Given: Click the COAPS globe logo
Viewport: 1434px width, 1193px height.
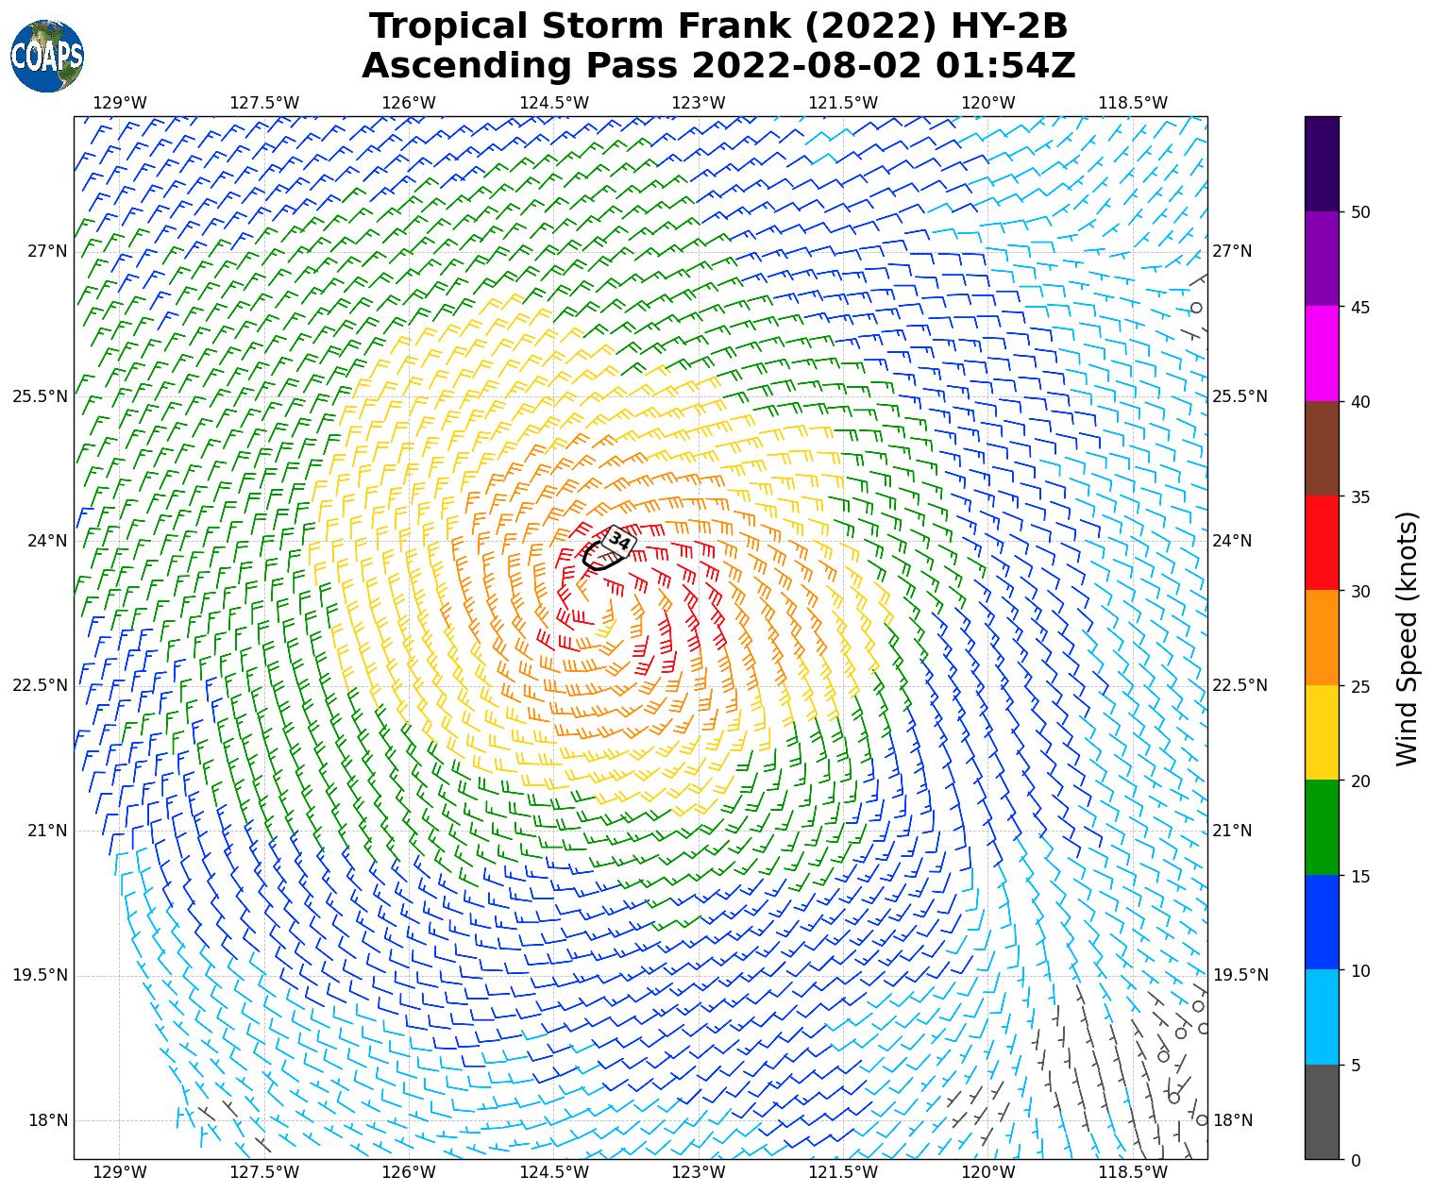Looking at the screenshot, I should click(46, 56).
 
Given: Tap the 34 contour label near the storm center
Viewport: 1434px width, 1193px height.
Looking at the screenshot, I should click(619, 541).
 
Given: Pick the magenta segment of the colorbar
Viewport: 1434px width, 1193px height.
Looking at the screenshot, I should click(1322, 354).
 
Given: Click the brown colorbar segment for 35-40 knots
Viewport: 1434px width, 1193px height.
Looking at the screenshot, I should click(1322, 448).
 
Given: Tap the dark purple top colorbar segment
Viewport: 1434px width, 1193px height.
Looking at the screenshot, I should click(1322, 163).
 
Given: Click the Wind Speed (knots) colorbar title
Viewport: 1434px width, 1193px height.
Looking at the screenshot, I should click(1407, 639).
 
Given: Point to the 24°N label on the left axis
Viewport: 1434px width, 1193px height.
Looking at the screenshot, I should click(40, 542).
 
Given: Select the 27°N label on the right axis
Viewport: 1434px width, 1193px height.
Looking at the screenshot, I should click(1232, 251).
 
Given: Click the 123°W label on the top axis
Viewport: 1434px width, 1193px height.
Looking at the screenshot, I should click(699, 103).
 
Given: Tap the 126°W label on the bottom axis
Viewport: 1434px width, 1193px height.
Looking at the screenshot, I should click(409, 1172).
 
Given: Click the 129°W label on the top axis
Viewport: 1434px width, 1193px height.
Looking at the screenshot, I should click(120, 103).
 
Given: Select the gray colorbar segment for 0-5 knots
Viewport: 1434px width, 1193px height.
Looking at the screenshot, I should click(1322, 1112).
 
